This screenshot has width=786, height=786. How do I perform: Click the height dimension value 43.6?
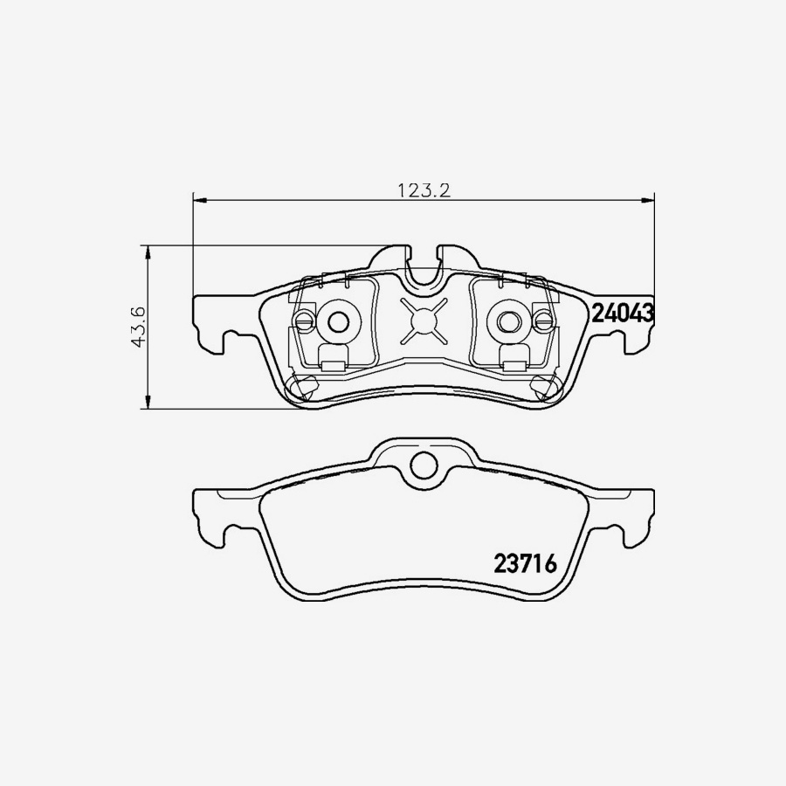(138, 327)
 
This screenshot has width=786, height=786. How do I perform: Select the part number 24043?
(624, 314)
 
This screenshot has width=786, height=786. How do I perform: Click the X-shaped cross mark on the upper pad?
(424, 321)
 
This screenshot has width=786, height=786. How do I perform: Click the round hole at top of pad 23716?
(424, 465)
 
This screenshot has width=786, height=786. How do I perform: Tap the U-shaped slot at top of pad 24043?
(424, 271)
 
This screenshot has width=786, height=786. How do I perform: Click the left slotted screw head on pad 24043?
(303, 321)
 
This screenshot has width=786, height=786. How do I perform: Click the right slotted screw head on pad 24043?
(543, 321)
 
